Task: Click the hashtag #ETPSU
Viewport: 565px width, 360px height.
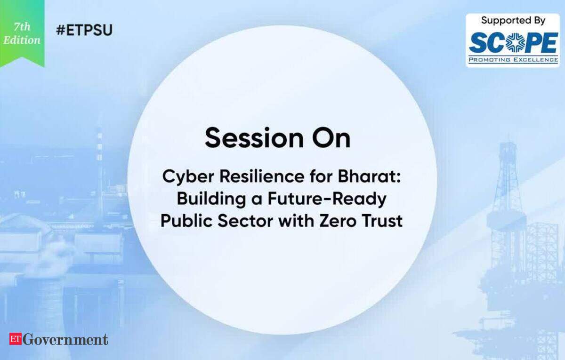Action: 84,30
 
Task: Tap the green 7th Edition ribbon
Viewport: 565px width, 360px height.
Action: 22,33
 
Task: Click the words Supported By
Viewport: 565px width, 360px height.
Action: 513,21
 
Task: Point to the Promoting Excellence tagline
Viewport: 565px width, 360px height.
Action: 513,60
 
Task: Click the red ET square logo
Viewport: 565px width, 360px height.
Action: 16,339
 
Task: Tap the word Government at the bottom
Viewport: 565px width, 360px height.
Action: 65,339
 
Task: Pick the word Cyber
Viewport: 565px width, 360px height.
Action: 188,177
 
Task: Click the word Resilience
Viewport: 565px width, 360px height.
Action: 262,176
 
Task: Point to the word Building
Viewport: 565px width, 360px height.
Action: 211,200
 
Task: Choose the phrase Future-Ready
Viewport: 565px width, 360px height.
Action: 327,200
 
